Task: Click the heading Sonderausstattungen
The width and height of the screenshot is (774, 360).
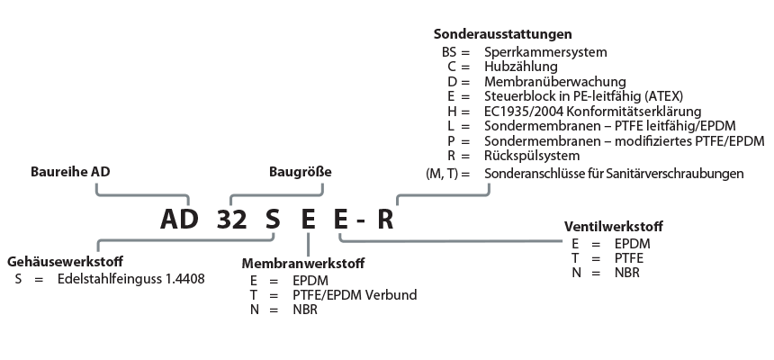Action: coord(502,35)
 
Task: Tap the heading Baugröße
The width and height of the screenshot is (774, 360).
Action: coord(301,172)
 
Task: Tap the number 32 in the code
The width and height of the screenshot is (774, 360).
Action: coord(231,220)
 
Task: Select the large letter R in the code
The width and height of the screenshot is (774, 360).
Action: coord(385,220)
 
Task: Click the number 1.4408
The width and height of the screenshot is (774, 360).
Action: coord(184,279)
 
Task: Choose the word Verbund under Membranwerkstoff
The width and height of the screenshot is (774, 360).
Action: coord(391,294)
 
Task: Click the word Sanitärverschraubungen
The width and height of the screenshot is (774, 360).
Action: coord(675,172)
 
